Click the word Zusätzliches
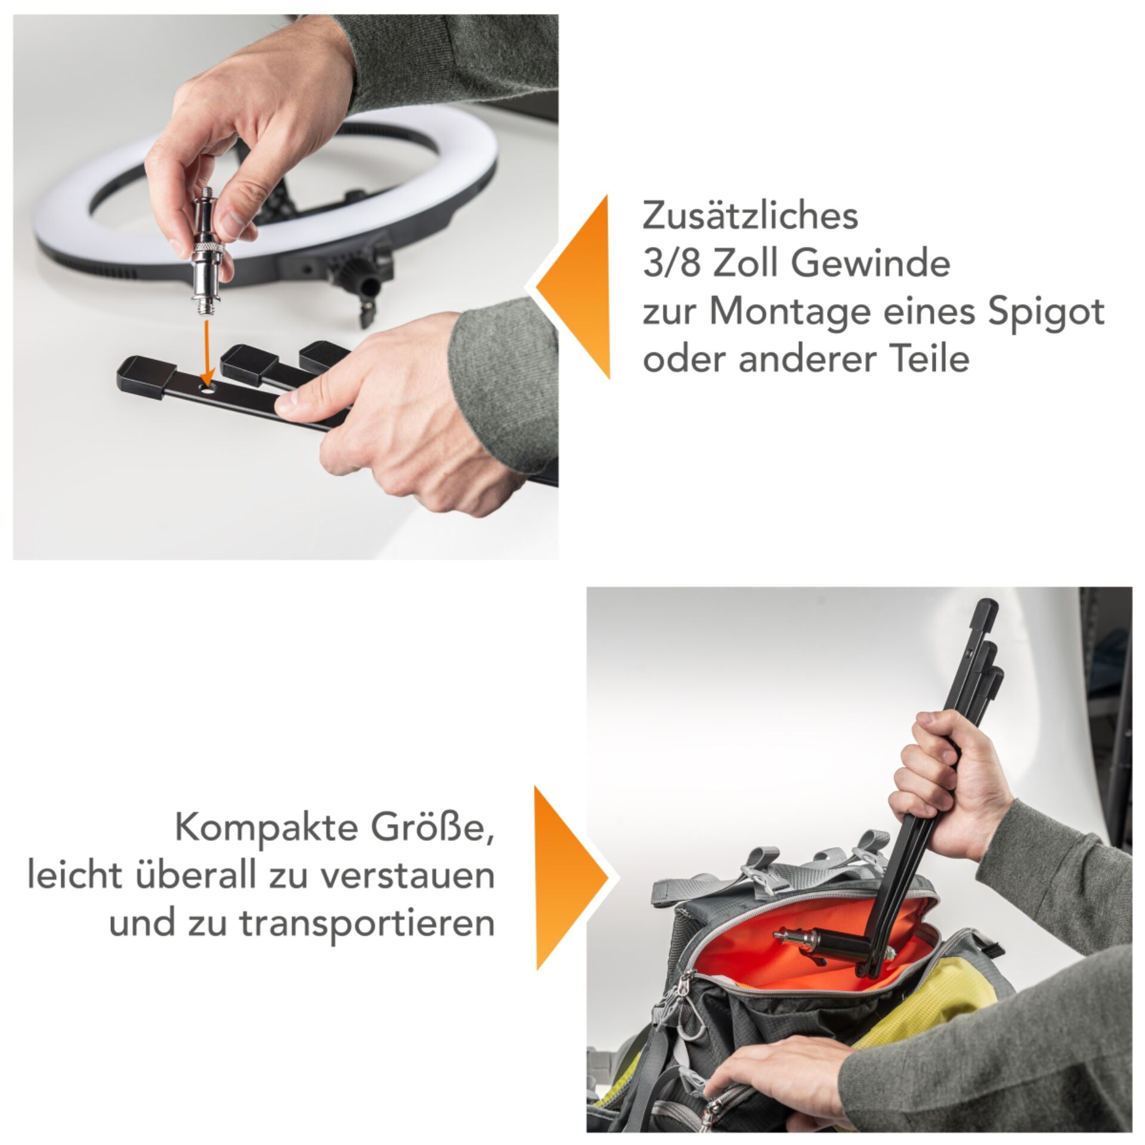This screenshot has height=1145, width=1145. [x=750, y=216]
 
